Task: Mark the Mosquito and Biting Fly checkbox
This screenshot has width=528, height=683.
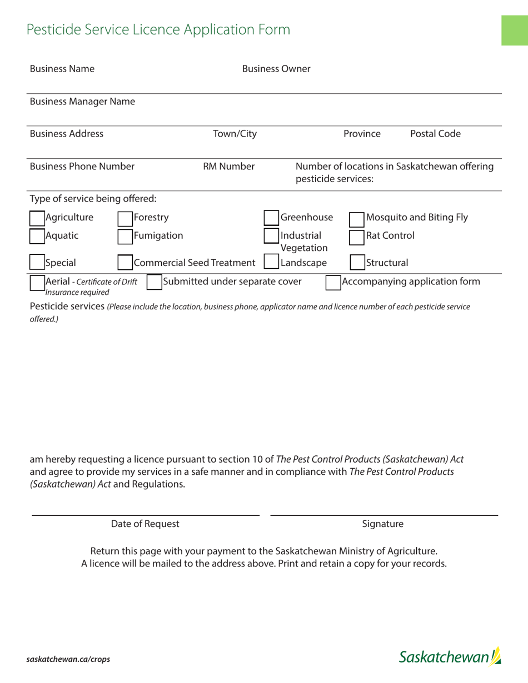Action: [x=356, y=220]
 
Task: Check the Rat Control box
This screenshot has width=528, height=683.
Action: [x=356, y=236]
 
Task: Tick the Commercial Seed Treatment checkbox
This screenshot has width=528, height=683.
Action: [x=125, y=263]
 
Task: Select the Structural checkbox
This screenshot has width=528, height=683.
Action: [x=356, y=263]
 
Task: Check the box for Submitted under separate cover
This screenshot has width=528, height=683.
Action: [x=154, y=282]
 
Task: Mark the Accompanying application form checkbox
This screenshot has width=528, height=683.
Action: [x=332, y=282]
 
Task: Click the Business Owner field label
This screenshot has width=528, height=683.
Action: [x=276, y=69]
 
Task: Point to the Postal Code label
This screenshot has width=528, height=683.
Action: [x=435, y=134]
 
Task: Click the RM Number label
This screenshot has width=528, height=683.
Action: [x=228, y=166]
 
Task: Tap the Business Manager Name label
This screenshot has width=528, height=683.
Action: [x=82, y=102]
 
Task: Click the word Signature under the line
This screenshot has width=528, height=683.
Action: [x=382, y=524]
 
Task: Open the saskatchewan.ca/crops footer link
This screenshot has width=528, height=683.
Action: [x=68, y=659]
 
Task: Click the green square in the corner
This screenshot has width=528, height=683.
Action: [x=514, y=31]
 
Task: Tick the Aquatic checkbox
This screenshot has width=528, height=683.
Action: [x=37, y=236]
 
